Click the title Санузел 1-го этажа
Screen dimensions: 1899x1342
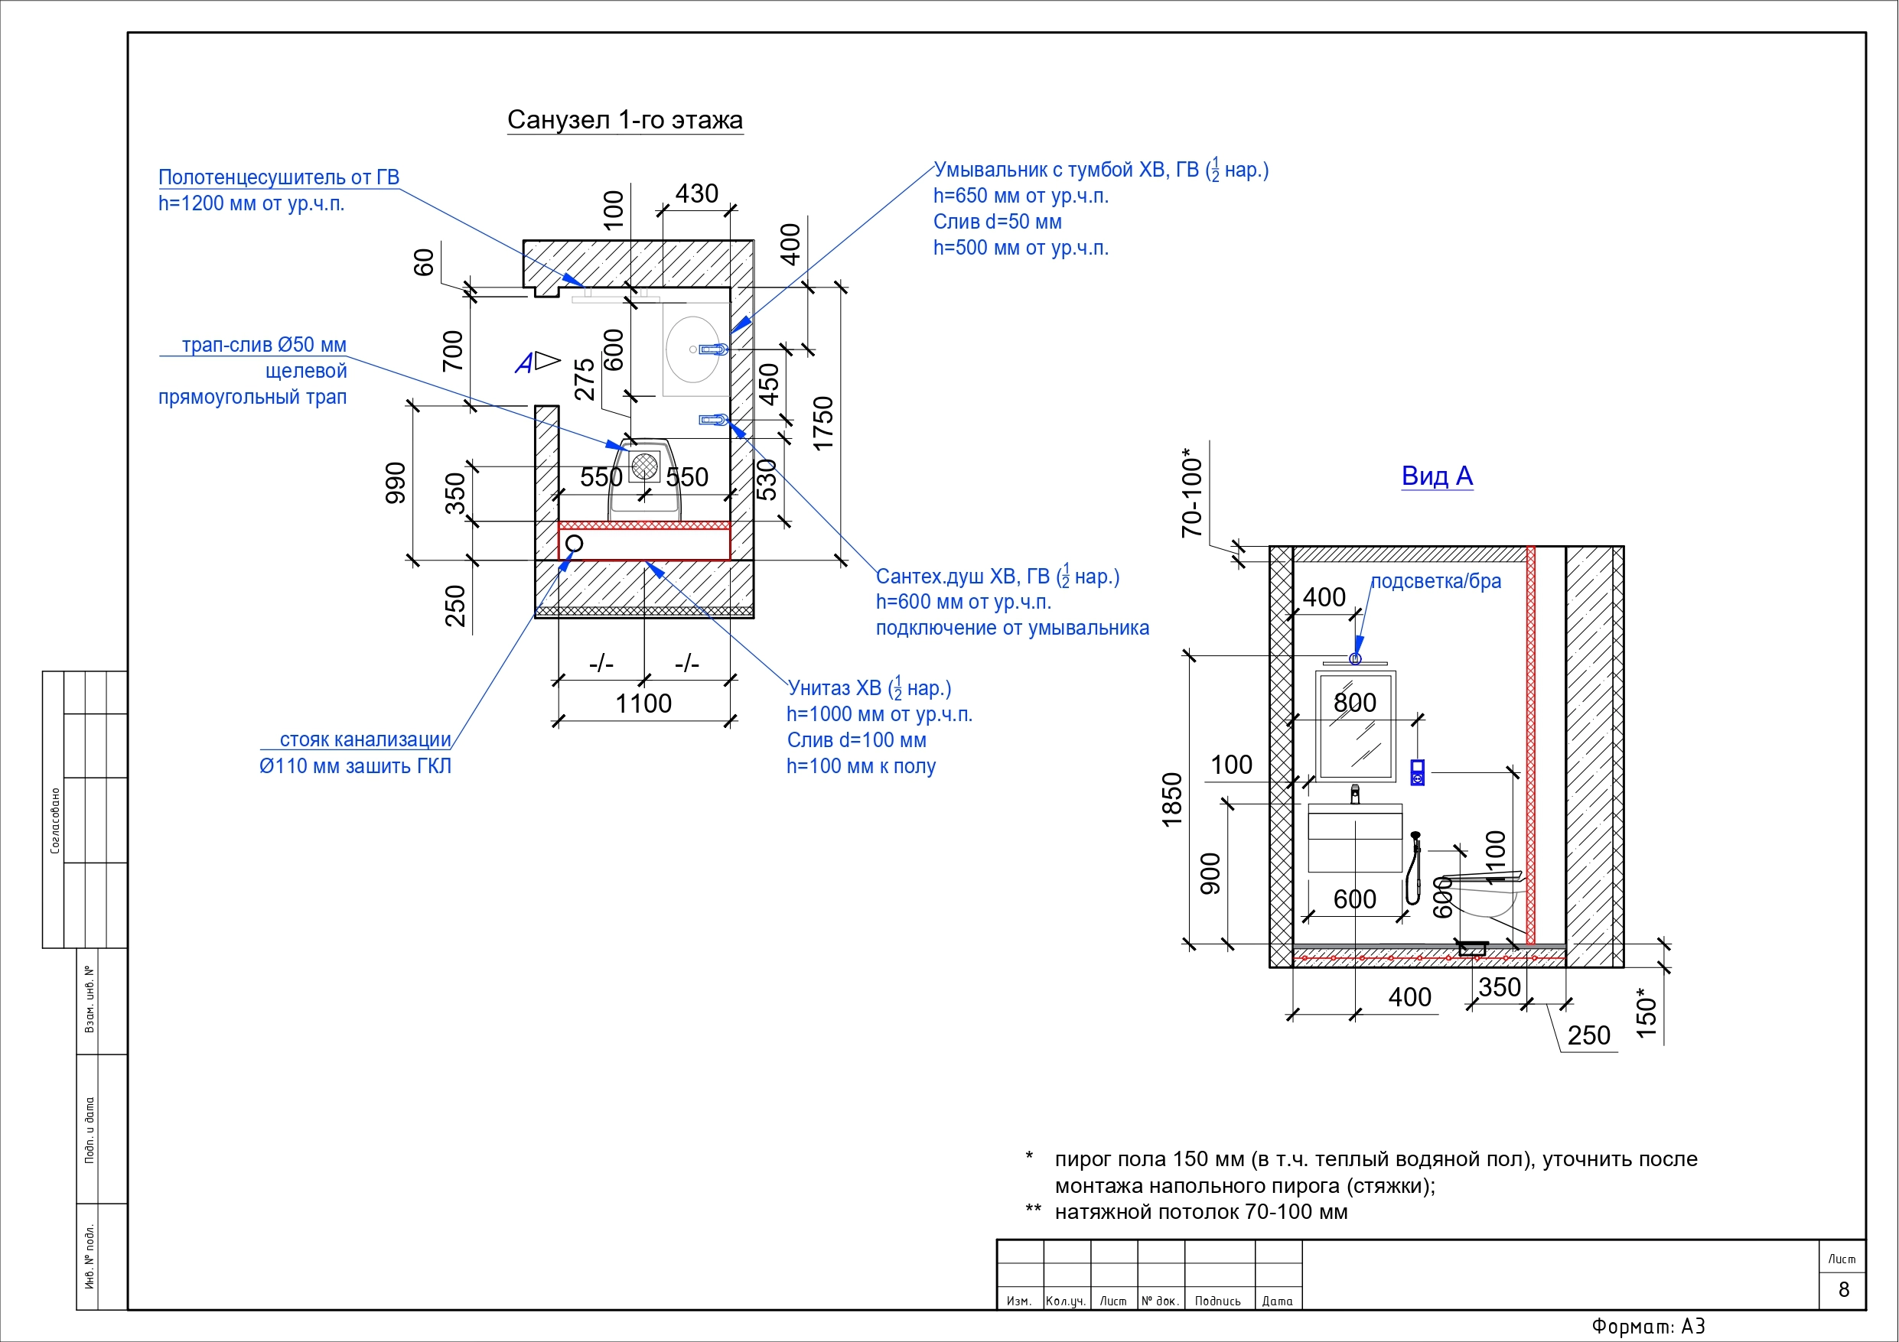point(624,120)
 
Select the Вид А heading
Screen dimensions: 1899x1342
point(1437,476)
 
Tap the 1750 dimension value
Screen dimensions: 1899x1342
point(823,424)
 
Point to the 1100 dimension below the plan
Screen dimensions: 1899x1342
point(643,703)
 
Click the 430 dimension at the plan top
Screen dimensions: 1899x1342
point(696,193)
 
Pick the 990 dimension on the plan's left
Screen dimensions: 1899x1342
point(396,483)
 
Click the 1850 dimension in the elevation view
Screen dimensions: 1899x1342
point(1172,800)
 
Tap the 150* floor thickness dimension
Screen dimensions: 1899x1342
point(1647,1013)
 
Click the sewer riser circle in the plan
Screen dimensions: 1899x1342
point(574,543)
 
